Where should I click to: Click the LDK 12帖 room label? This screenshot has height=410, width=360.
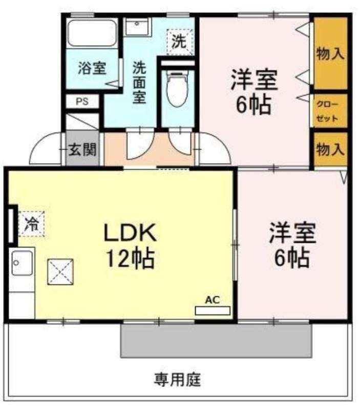pyautogui.click(x=130, y=245)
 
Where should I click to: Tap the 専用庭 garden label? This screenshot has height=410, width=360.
pyautogui.click(x=177, y=380)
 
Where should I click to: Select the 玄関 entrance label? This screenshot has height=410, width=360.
pyautogui.click(x=82, y=150)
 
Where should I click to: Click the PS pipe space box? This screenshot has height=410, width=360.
pyautogui.click(x=82, y=101)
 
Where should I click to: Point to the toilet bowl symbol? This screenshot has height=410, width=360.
pyautogui.click(x=177, y=88)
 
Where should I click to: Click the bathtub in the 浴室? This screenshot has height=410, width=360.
pyautogui.click(x=92, y=33)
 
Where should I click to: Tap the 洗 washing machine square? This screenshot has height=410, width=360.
pyautogui.click(x=179, y=42)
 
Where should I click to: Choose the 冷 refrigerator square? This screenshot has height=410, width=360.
pyautogui.click(x=32, y=224)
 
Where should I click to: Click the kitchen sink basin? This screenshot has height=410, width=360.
pyautogui.click(x=22, y=262)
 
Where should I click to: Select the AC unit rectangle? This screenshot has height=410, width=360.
pyautogui.click(x=213, y=311)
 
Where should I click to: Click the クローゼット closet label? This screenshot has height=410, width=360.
pyautogui.click(x=328, y=111)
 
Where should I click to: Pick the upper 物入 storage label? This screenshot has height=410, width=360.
pyautogui.click(x=330, y=54)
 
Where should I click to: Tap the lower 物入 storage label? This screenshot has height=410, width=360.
pyautogui.click(x=330, y=150)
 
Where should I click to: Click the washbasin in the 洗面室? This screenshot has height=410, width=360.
pyautogui.click(x=137, y=27)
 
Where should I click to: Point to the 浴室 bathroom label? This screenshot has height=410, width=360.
pyautogui.click(x=92, y=68)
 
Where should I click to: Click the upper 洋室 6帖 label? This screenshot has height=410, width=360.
pyautogui.click(x=253, y=91)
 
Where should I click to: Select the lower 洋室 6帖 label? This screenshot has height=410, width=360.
pyautogui.click(x=292, y=244)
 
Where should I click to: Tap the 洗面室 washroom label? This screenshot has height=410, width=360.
pyautogui.click(x=139, y=83)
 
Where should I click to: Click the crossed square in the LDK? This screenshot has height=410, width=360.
pyautogui.click(x=60, y=272)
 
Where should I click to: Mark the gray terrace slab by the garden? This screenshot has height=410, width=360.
pyautogui.click(x=216, y=341)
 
